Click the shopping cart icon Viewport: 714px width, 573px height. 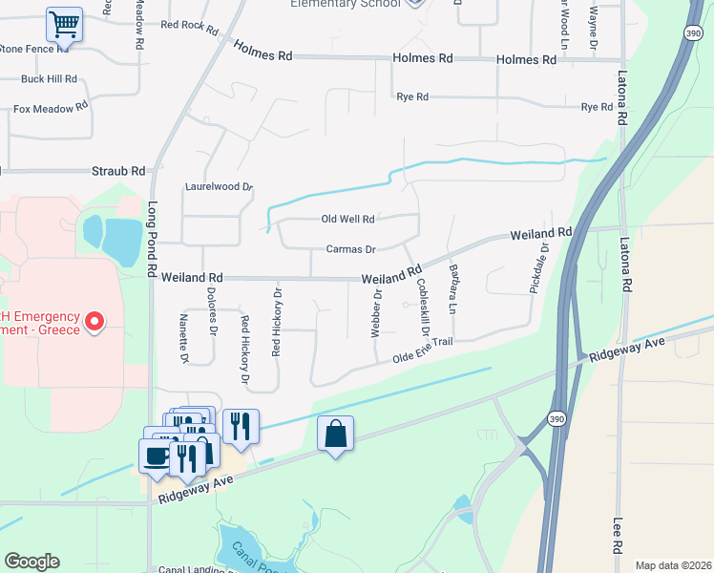pos(64,23)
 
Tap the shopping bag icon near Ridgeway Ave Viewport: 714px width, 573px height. pos(335,434)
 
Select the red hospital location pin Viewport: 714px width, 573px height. pos(94,323)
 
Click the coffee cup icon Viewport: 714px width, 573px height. pos(157,456)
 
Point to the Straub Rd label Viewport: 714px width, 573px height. pos(118,171)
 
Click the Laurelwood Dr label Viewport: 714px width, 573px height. pos(219,187)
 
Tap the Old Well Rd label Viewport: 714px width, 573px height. pos(347,220)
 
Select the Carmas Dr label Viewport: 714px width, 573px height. pos(351,249)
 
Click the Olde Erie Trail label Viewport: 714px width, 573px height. pos(422,350)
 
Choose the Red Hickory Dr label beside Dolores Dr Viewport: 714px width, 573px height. pos(245,350)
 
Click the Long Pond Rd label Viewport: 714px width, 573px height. pos(152,238)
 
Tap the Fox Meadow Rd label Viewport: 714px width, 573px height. pos(51,109)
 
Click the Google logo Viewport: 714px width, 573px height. pos(31,562)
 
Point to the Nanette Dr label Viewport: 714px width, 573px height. pos(184,338)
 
